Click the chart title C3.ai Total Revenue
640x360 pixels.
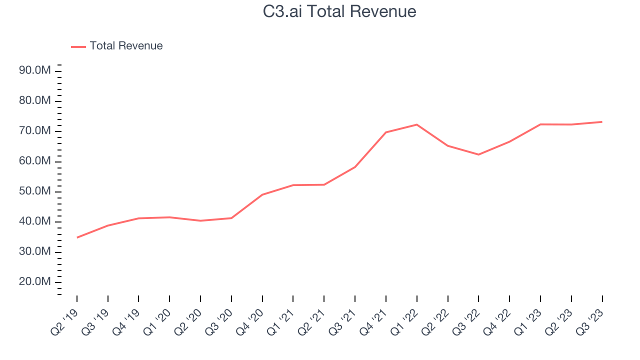pyautogui.click(x=339, y=11)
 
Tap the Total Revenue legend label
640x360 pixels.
pyautogui.click(x=126, y=46)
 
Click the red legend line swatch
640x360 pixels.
pyautogui.click(x=78, y=46)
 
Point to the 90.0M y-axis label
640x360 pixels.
pyautogui.click(x=35, y=71)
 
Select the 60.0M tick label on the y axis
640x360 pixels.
pyautogui.click(x=35, y=161)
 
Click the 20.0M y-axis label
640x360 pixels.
pyautogui.click(x=35, y=282)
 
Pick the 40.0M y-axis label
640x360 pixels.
pyautogui.click(x=35, y=221)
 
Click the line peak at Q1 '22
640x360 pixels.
pyautogui.click(x=416, y=124)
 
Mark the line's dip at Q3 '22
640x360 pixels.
pyautogui.click(x=478, y=154)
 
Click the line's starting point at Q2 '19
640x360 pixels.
pyautogui.click(x=77, y=237)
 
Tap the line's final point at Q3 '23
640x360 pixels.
pyautogui.click(x=602, y=121)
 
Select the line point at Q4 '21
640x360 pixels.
pyautogui.click(x=385, y=132)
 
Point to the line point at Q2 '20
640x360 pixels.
pyautogui.click(x=200, y=220)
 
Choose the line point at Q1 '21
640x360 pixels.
pyautogui.click(x=293, y=185)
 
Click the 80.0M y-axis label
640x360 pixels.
pyautogui.click(x=35, y=101)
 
